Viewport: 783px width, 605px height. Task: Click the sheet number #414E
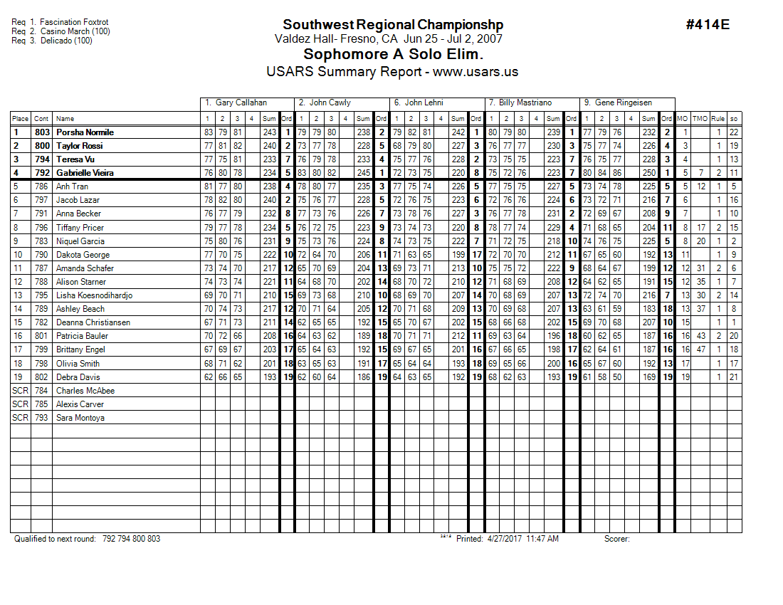point(708,25)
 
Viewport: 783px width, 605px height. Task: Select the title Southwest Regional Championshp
point(388,25)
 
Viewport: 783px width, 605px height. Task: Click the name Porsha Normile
point(85,132)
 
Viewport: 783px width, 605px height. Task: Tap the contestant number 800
point(42,146)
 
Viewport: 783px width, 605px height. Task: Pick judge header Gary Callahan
point(236,102)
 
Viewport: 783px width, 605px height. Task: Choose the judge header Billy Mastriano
point(525,102)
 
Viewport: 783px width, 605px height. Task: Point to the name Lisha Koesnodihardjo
point(94,295)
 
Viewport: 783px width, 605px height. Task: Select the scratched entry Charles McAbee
point(85,391)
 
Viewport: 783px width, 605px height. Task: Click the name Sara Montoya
point(80,418)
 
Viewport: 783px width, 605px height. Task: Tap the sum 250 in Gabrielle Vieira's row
point(648,173)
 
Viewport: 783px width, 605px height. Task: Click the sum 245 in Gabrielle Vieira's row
point(363,173)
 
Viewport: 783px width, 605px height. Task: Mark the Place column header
point(20,119)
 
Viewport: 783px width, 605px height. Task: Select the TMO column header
point(700,119)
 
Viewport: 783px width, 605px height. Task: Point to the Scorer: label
point(616,539)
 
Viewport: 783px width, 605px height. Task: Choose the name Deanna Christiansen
point(93,322)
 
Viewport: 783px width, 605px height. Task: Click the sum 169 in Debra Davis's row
point(648,377)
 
